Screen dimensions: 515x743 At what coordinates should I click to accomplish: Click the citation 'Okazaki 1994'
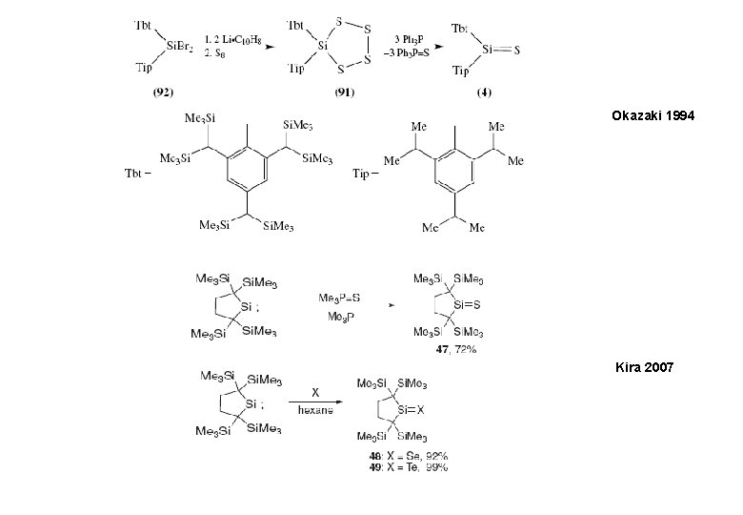point(654,114)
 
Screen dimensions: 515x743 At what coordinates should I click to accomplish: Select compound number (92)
point(159,93)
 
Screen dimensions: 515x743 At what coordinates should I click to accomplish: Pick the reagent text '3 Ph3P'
point(398,37)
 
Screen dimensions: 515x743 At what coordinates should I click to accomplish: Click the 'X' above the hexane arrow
point(314,390)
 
